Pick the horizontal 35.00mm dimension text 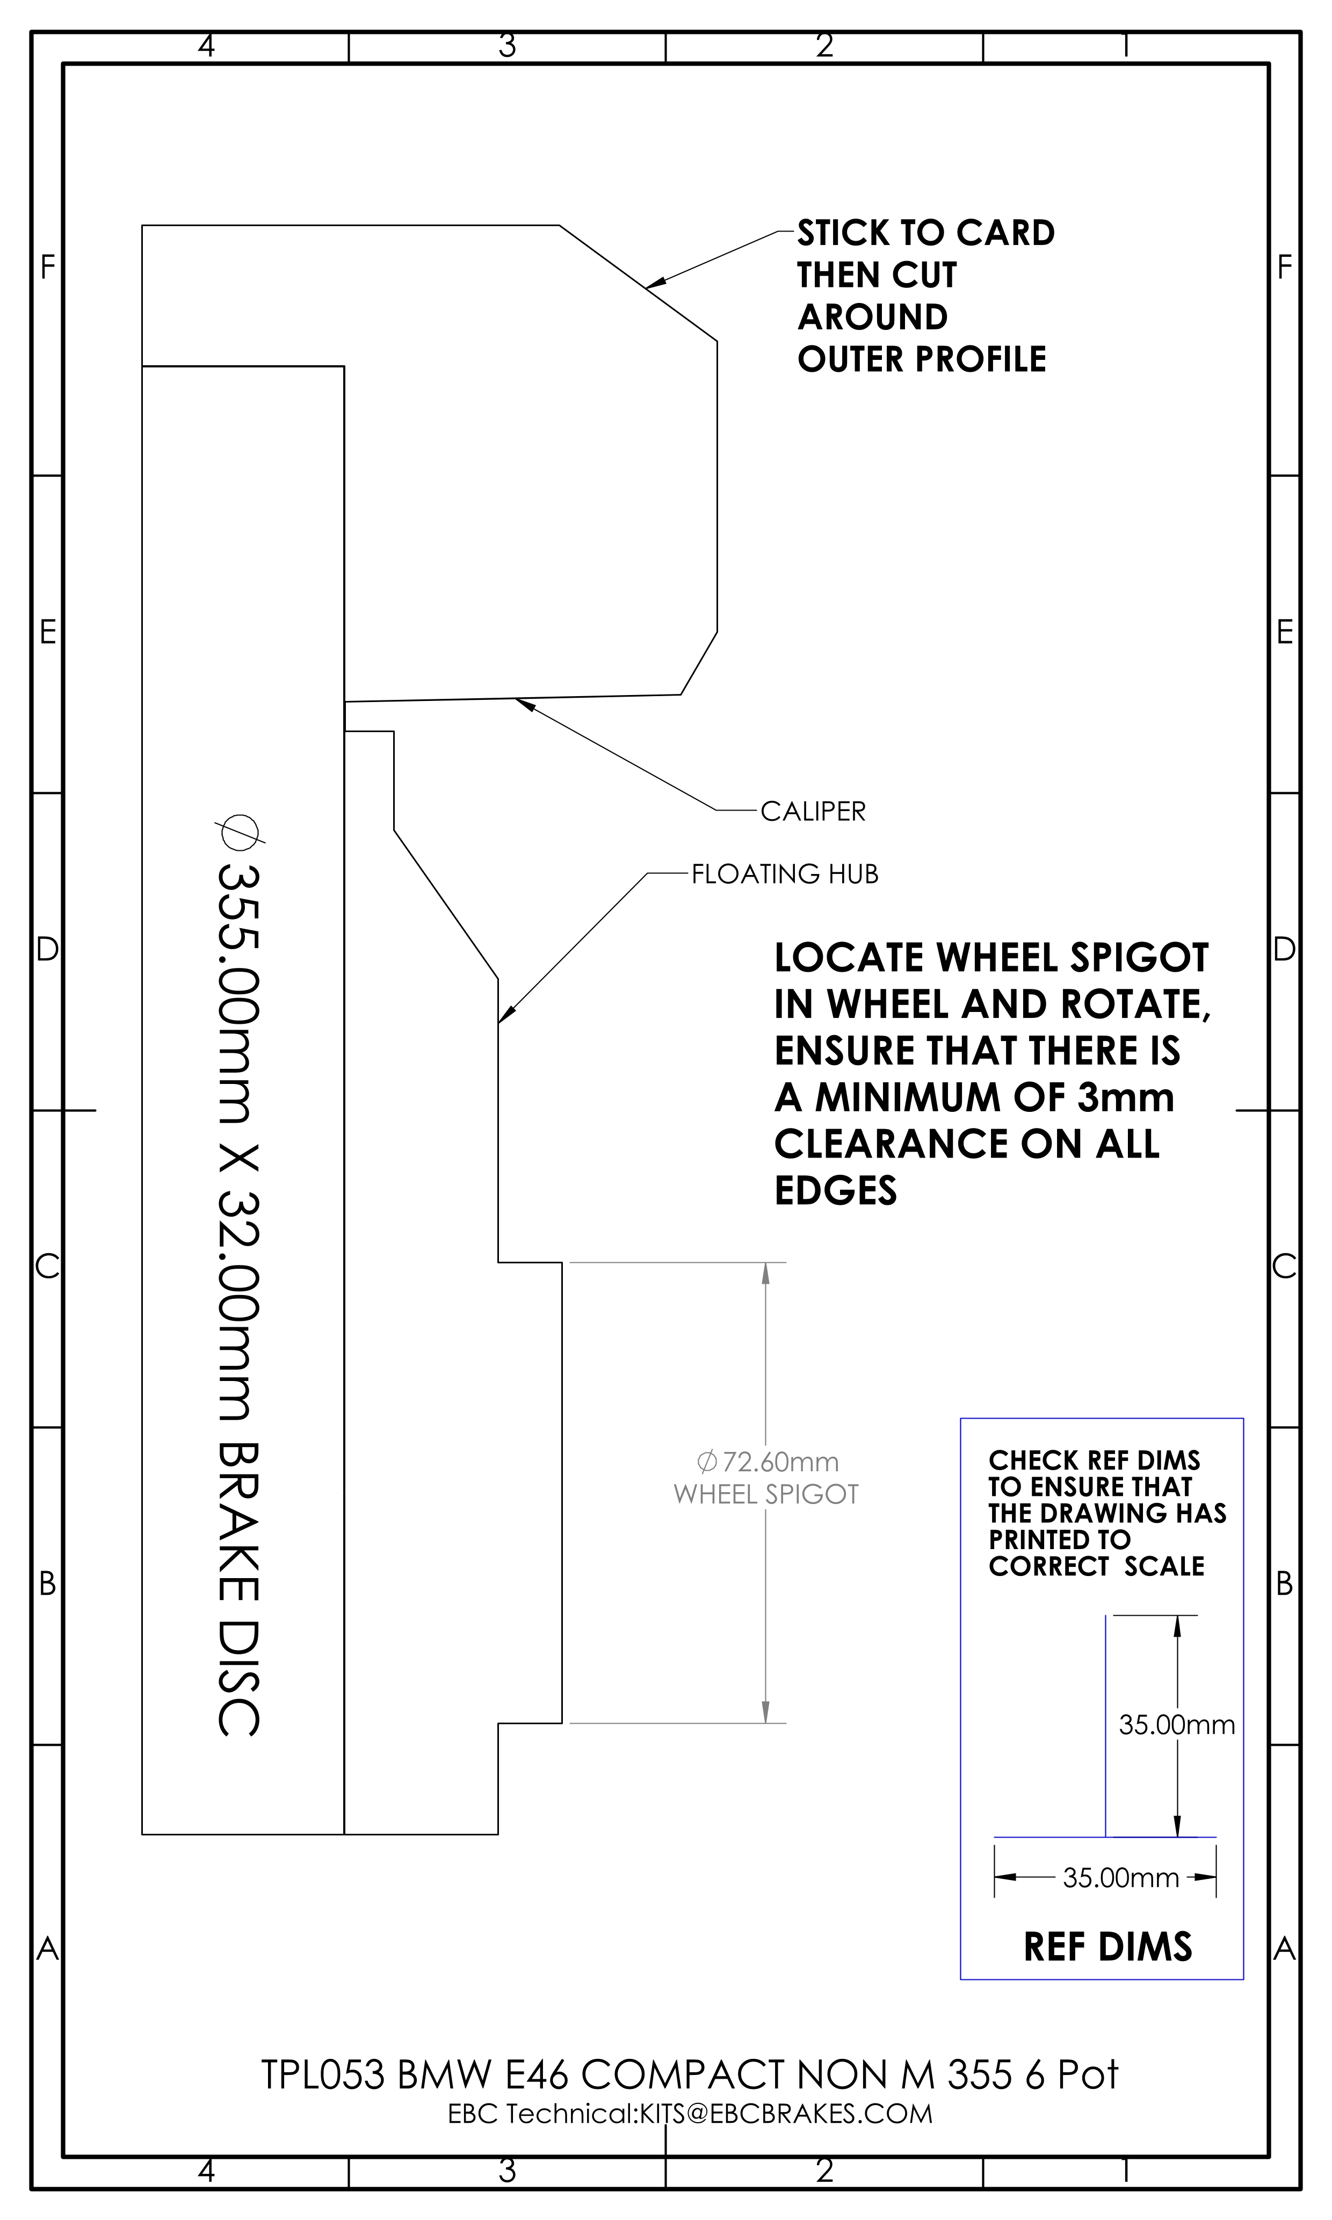point(1121,1877)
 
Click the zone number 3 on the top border point(507,45)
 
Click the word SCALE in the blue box point(1164,1566)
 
